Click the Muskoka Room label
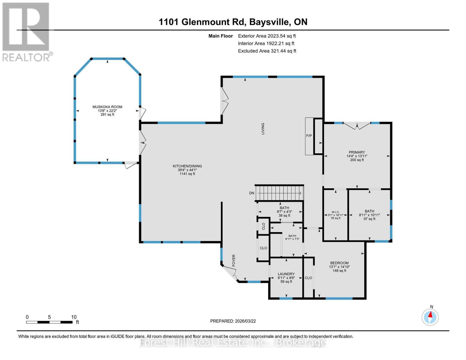click(107, 107)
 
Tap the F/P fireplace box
click(309, 136)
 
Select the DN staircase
click(281, 193)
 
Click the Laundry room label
click(286, 274)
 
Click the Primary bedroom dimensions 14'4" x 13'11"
click(357, 156)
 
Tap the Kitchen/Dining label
click(187, 166)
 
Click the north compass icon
click(430, 316)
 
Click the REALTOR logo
click(26, 31)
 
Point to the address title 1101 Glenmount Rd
click(233, 22)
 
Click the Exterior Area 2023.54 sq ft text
click(267, 36)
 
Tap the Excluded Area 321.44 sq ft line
click(267, 51)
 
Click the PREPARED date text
click(233, 321)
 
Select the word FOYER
click(233, 260)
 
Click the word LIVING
click(263, 128)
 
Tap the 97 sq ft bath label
click(369, 219)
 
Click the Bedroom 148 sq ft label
click(339, 271)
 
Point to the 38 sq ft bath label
click(284, 215)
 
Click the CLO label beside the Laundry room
click(308, 278)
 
